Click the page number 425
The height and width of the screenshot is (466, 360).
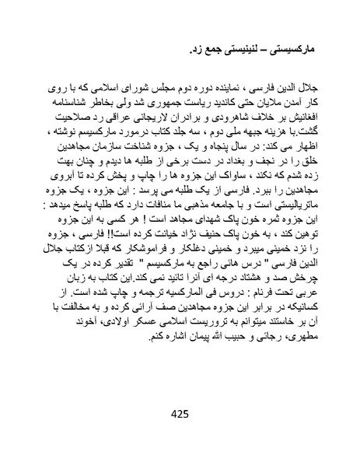coord(180,413)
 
